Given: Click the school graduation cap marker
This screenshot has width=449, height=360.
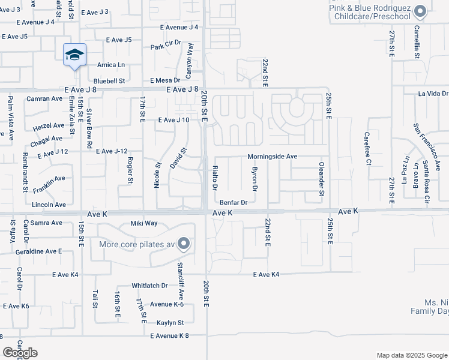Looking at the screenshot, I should pos(74,55).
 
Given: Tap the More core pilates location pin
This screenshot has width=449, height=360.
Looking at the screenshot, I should pos(184,244).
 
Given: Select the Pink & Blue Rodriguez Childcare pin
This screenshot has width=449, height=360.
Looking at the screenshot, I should pos(420,11).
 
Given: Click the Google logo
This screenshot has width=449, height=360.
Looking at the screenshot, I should pos(20,353).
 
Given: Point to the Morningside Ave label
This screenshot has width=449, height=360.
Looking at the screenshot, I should pos(273,157).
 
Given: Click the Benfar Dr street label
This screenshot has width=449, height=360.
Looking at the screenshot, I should pos(234,202).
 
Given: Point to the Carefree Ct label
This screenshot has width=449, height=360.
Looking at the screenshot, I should pos(369,149).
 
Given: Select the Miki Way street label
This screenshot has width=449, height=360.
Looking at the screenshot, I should pos(144,223).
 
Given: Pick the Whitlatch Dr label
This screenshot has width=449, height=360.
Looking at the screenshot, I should pos(151,286).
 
